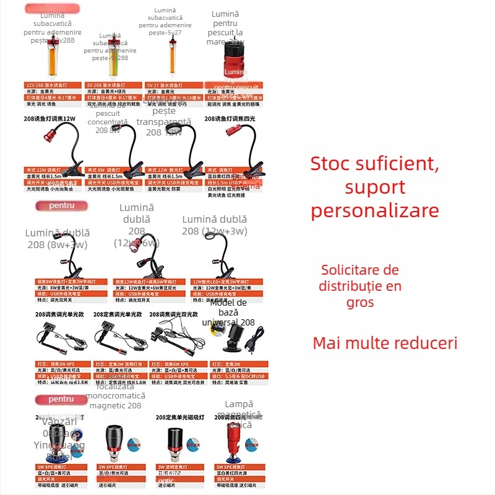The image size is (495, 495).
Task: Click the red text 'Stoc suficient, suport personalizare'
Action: (x=375, y=187)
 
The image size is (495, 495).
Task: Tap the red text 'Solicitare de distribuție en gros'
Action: (x=359, y=286)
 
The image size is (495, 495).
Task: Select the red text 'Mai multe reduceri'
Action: (x=385, y=343)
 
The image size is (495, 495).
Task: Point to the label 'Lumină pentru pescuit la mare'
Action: (x=227, y=28)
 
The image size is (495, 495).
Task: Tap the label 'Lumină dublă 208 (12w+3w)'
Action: (x=214, y=225)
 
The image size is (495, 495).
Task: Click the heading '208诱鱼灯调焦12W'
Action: (x=49, y=119)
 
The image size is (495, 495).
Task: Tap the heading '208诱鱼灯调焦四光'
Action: (x=230, y=119)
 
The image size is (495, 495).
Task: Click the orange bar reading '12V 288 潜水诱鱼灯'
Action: (x=51, y=85)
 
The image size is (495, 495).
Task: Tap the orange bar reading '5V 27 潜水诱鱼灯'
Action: (x=173, y=85)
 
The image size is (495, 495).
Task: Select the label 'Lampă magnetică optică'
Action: (x=239, y=415)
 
